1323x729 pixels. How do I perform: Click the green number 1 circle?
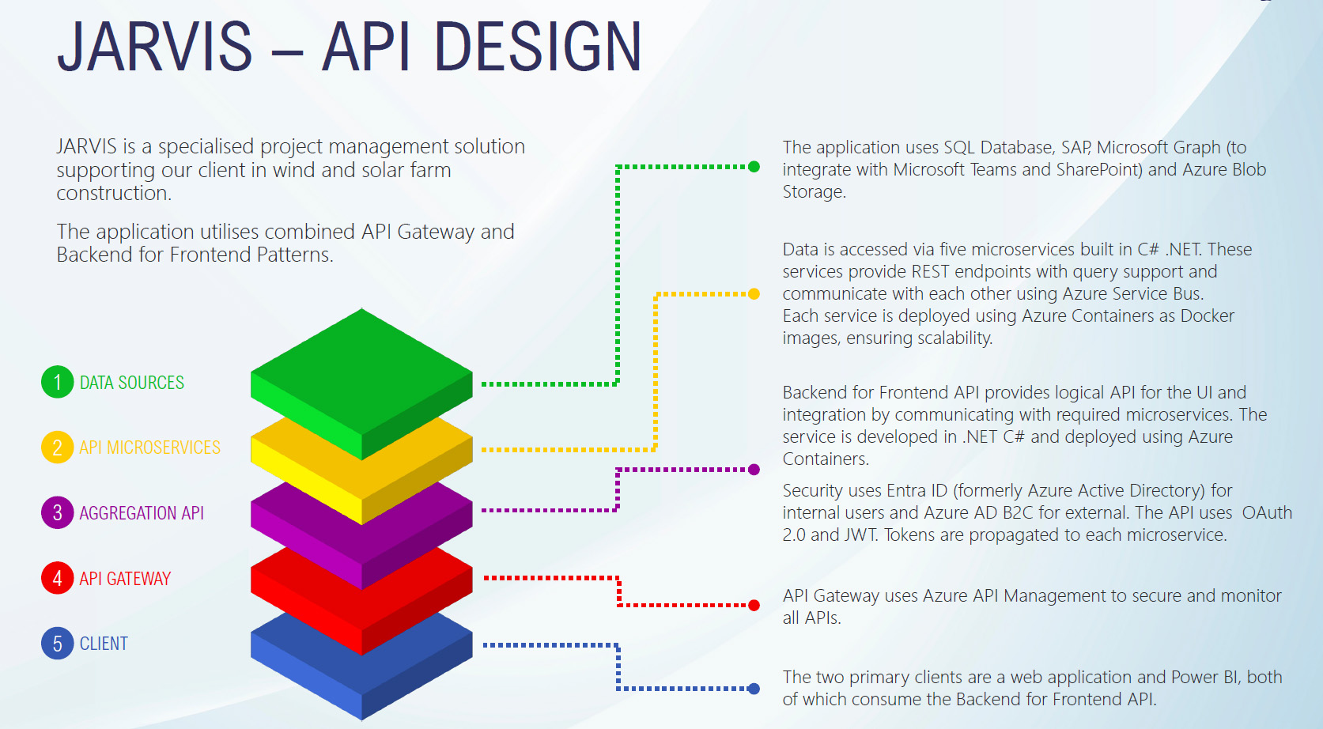tap(57, 383)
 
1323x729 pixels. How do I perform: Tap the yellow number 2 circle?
tap(57, 448)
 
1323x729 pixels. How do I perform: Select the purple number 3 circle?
tap(57, 512)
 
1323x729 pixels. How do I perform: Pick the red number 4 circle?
tap(57, 578)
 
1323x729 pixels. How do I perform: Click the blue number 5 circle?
tap(57, 644)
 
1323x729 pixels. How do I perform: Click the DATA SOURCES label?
tap(131, 383)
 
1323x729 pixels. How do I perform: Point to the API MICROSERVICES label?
tap(149, 448)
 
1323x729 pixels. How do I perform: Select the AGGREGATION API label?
tap(142, 513)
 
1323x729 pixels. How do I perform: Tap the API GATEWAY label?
tap(125, 579)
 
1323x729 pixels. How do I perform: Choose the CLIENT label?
tap(104, 644)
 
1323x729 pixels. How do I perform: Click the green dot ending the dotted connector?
tap(754, 167)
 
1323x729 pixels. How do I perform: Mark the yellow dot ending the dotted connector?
tap(754, 294)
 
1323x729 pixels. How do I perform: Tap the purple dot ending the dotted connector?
tap(754, 470)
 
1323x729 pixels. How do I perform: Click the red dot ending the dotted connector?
tap(754, 606)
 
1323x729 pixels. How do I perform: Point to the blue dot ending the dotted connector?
tap(754, 689)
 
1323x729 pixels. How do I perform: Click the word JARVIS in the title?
tap(155, 47)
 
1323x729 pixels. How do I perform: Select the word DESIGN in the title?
tap(537, 47)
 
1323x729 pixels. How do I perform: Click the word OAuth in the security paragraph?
tap(1267, 513)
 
